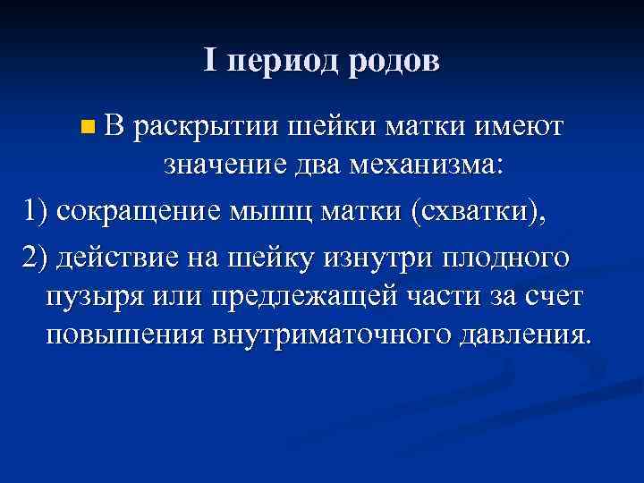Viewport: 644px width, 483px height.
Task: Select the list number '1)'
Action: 38,216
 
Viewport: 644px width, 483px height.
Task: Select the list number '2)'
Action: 38,259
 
